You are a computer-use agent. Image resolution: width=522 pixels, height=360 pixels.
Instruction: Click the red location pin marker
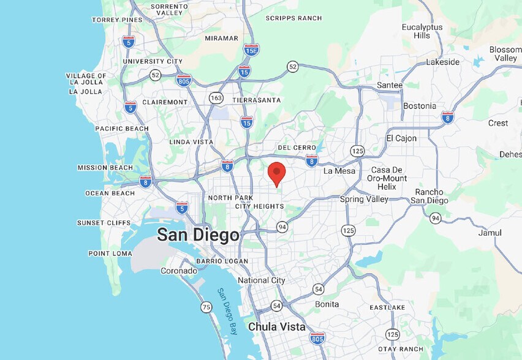(276, 172)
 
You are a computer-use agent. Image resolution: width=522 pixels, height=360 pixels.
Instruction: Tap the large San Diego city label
(198, 234)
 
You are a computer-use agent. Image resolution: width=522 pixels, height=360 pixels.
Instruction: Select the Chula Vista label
(276, 327)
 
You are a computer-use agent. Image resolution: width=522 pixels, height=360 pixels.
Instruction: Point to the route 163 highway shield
(216, 98)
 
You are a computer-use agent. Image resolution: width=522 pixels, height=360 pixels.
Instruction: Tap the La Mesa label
(339, 171)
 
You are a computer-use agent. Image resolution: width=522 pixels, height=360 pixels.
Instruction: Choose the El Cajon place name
(401, 138)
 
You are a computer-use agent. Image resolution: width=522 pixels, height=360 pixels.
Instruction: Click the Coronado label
(179, 271)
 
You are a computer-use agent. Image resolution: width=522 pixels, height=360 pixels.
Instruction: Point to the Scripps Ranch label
(293, 18)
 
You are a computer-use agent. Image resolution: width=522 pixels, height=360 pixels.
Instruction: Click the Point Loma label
(110, 253)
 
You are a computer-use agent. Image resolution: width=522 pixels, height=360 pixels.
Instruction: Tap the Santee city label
(390, 85)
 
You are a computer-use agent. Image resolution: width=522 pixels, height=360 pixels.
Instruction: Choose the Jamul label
(490, 233)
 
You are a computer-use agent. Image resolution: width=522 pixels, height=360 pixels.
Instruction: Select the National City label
(262, 280)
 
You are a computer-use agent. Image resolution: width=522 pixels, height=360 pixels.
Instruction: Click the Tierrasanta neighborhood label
(257, 100)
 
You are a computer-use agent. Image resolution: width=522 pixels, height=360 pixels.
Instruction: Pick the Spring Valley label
(365, 199)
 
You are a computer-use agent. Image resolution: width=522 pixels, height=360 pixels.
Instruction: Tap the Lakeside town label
(442, 62)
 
